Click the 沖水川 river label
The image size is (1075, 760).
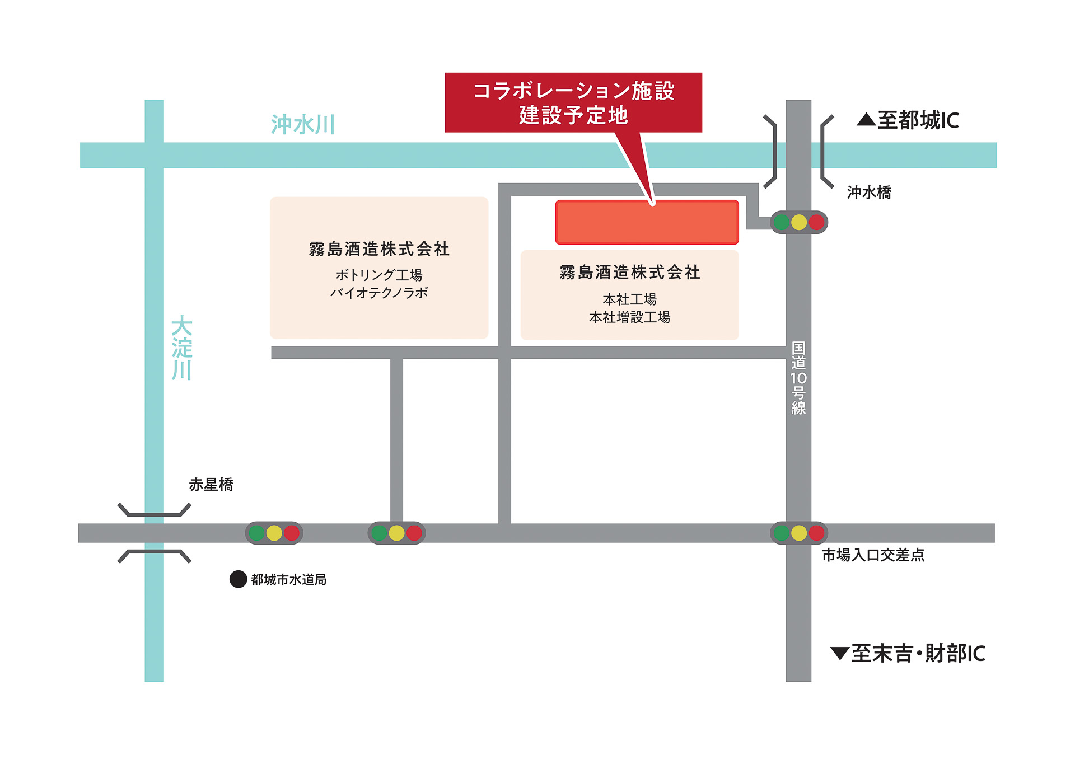click(x=303, y=124)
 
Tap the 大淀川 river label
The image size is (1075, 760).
click(x=182, y=348)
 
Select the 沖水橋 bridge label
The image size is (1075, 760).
click(x=869, y=193)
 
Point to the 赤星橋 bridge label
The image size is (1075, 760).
click(x=211, y=485)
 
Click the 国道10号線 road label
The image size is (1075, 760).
click(x=798, y=378)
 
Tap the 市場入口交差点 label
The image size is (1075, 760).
click(x=873, y=555)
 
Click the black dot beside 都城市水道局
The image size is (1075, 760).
click(x=239, y=579)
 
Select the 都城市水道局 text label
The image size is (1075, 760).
click(x=289, y=580)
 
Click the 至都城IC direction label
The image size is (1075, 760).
click(x=918, y=120)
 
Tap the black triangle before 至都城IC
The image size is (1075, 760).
click(x=866, y=119)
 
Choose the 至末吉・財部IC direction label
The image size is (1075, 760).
click(x=918, y=654)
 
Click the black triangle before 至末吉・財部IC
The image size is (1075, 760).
click(x=840, y=653)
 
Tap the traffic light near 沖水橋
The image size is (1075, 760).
click(x=799, y=222)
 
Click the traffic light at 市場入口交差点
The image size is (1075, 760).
click(x=799, y=533)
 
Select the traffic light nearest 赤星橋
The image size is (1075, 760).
click(x=274, y=533)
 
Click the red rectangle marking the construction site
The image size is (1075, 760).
click(x=647, y=222)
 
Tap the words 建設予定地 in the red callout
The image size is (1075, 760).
click(x=573, y=115)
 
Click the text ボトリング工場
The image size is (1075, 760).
click(x=379, y=275)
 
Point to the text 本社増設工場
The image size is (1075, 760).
click(x=629, y=317)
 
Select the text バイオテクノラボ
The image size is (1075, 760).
click(x=379, y=293)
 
